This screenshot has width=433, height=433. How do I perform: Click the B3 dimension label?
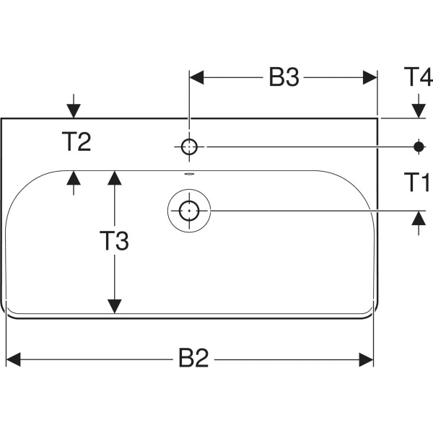click(x=284, y=78)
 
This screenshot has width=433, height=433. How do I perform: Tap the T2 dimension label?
click(x=75, y=142)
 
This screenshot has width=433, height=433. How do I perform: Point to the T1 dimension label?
click(x=417, y=183)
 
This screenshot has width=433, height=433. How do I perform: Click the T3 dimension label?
click(x=113, y=241)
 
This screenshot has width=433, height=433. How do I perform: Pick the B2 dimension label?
click(x=193, y=358)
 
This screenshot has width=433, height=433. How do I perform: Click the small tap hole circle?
click(x=189, y=146)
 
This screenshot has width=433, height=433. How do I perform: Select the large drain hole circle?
click(x=189, y=211)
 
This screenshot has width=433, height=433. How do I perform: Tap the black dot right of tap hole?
click(x=418, y=146)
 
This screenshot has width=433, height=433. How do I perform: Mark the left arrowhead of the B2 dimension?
click(x=14, y=359)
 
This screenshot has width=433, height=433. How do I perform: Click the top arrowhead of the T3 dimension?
click(x=113, y=178)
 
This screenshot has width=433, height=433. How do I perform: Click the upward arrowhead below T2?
click(x=73, y=178)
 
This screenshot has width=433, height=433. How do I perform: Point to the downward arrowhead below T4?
click(x=418, y=110)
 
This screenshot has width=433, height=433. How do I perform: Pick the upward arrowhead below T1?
click(x=418, y=218)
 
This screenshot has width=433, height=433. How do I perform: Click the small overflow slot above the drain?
click(x=189, y=175)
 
